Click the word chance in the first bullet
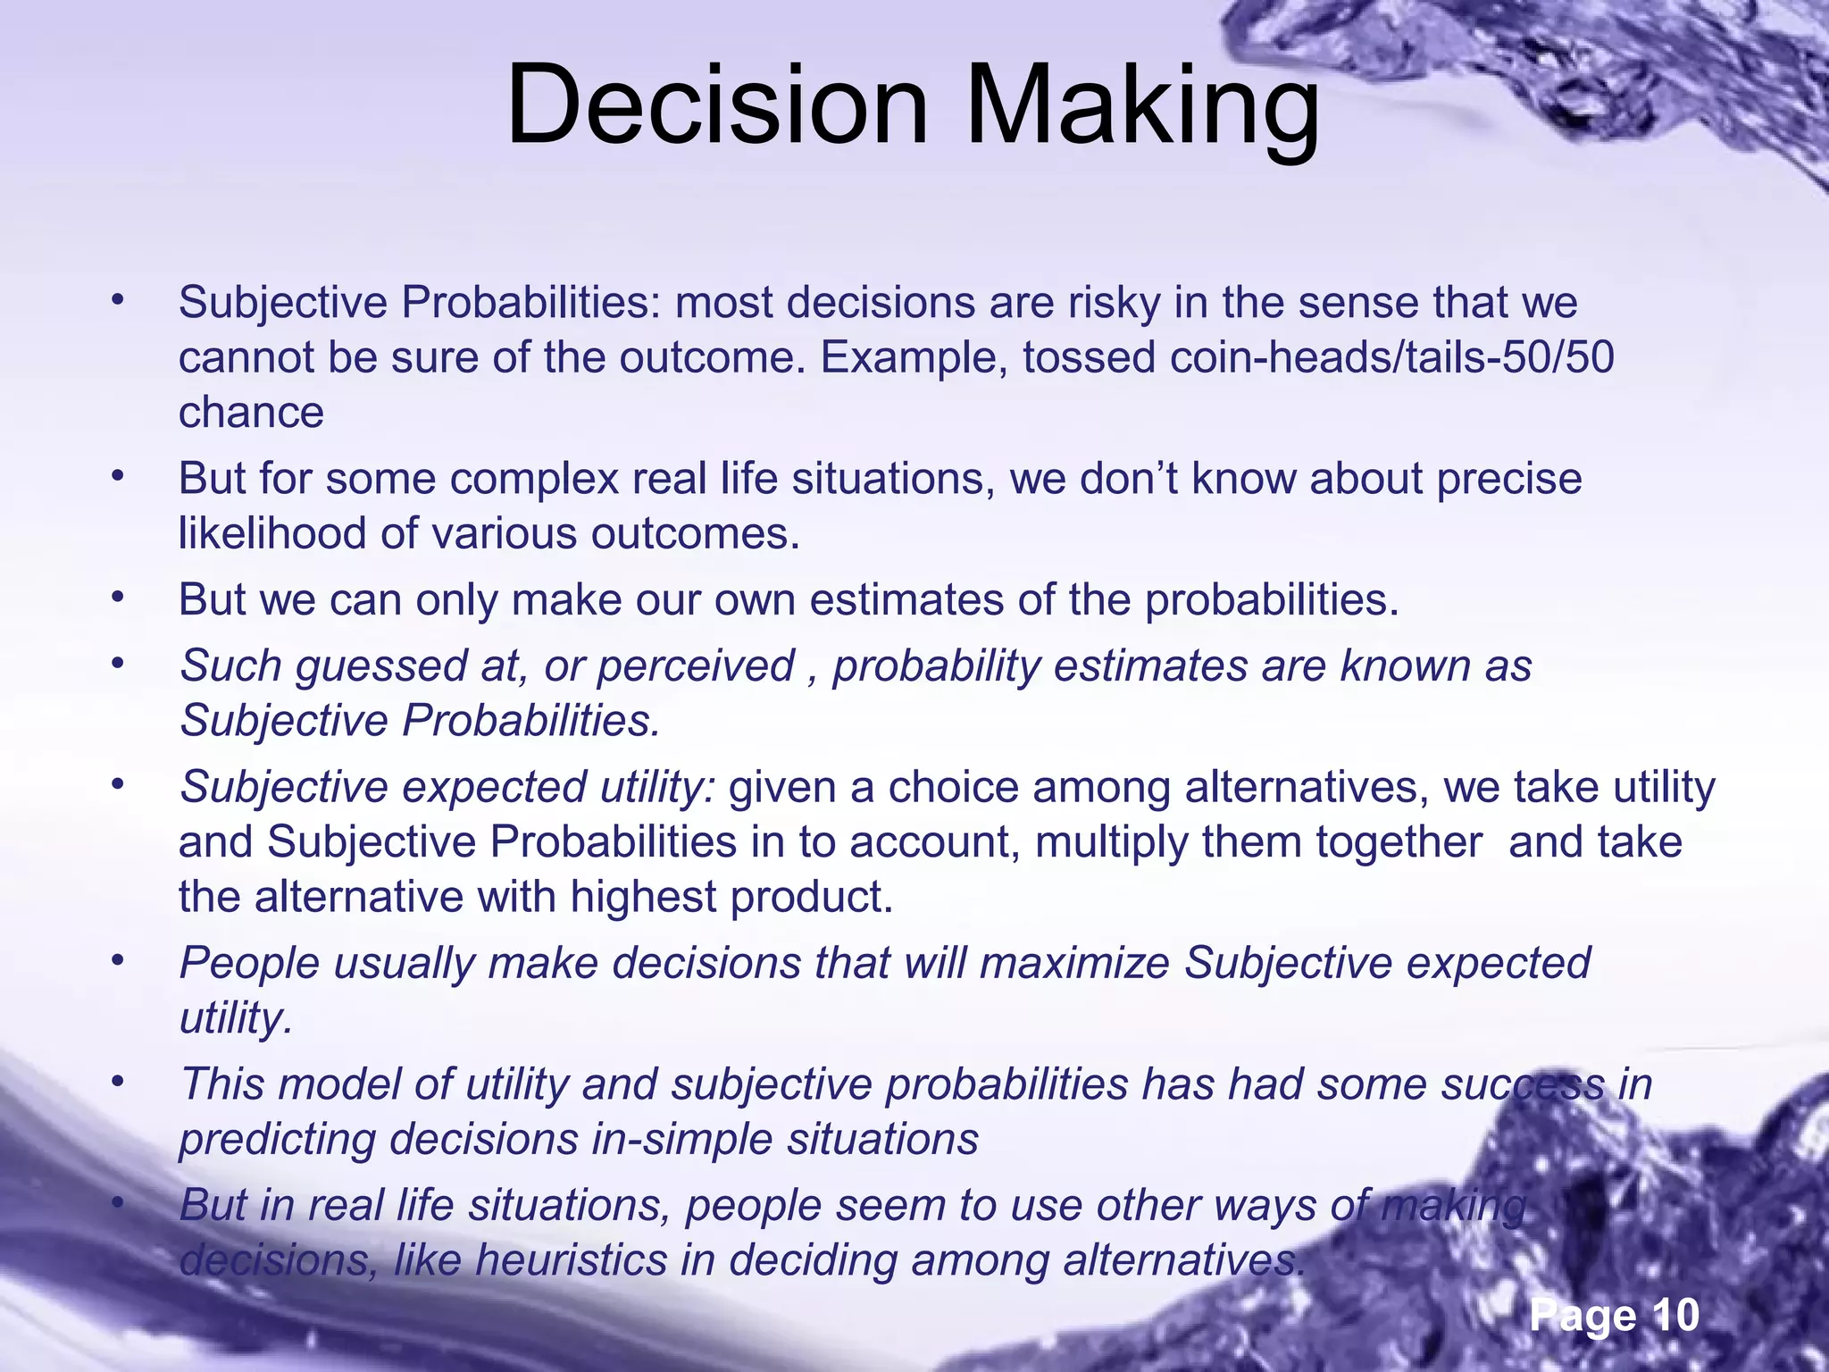point(251,413)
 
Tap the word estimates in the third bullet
point(905,599)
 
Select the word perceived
point(695,666)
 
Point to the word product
point(811,897)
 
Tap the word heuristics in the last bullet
point(572,1259)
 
